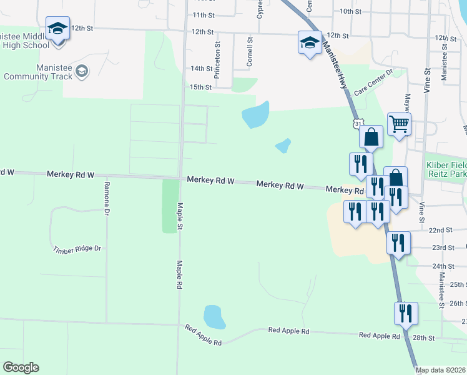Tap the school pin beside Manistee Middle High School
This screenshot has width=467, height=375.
(x=58, y=30)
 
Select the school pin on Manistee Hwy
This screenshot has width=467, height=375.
(x=310, y=42)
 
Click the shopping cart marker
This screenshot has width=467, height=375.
(x=399, y=123)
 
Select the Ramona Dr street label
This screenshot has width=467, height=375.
(x=107, y=196)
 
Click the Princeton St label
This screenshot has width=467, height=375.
(x=217, y=61)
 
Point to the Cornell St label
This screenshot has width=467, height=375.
(x=250, y=52)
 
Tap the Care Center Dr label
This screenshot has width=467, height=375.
(x=373, y=82)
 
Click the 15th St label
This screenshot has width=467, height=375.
(x=201, y=87)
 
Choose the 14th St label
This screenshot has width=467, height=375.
(x=201, y=68)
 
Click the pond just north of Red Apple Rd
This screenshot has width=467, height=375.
(x=214, y=317)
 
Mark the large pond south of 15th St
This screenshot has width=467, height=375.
(x=255, y=114)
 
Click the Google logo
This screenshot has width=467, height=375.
(x=21, y=367)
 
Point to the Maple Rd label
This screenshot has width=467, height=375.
(x=179, y=274)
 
